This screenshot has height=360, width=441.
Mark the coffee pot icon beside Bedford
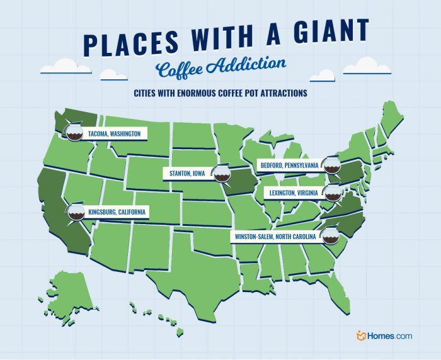coord(329,166)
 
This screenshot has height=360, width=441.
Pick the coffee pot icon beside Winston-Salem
coord(329,237)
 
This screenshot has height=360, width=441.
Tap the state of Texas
coord(192,264)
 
